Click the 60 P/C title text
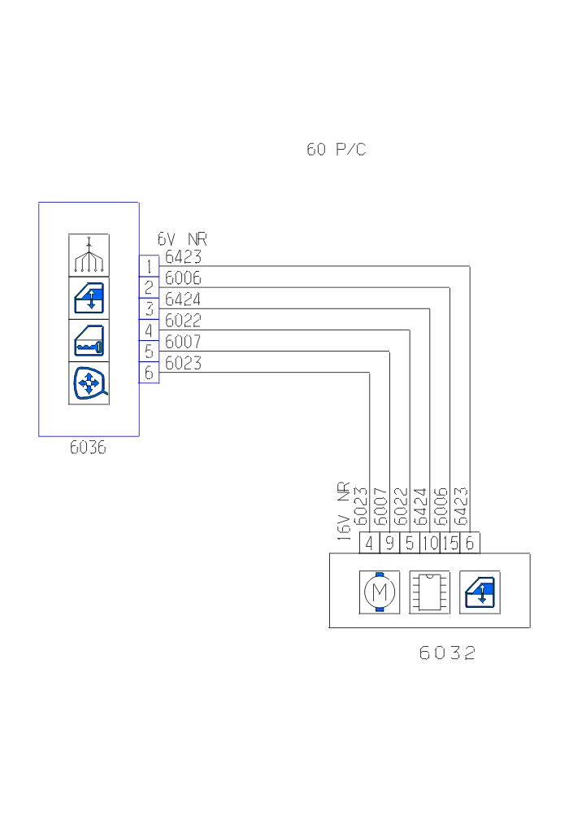pyautogui.click(x=336, y=150)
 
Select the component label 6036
pyautogui.click(x=88, y=448)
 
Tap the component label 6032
pyautogui.click(x=447, y=653)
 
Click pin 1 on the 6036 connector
pyautogui.click(x=149, y=266)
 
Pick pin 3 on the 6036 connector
pyautogui.click(x=149, y=308)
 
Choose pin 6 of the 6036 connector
pyautogui.click(x=149, y=372)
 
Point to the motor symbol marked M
pyautogui.click(x=380, y=592)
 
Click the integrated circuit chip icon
pyautogui.click(x=429, y=592)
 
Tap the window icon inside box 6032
pyautogui.click(x=480, y=592)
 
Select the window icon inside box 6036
pyautogui.click(x=89, y=297)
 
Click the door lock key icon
pyautogui.click(x=89, y=340)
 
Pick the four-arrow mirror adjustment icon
pyautogui.click(x=89, y=382)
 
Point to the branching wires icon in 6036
pyautogui.click(x=89, y=255)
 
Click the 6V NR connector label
pyautogui.click(x=182, y=239)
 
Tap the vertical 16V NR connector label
pyautogui.click(x=344, y=510)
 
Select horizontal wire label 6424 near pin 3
pyautogui.click(x=183, y=299)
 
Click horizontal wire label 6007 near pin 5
pyautogui.click(x=183, y=341)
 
